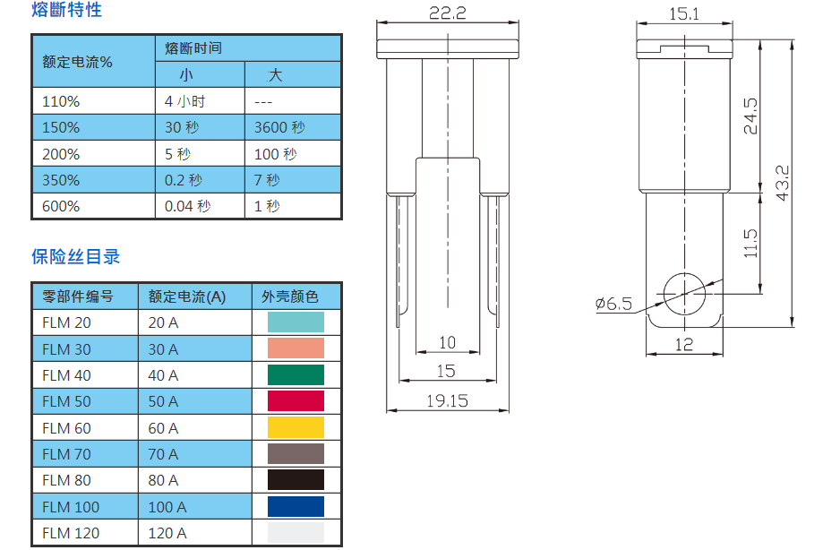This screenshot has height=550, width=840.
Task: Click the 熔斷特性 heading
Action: (x=67, y=12)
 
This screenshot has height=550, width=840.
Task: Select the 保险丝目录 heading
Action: (x=76, y=257)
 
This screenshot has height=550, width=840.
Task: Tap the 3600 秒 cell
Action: (x=279, y=127)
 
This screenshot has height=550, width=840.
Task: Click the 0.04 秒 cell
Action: (x=188, y=206)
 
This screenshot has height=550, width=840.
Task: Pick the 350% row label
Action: (x=61, y=180)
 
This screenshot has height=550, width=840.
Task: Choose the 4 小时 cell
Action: (x=185, y=101)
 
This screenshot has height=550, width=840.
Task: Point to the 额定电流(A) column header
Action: (x=187, y=296)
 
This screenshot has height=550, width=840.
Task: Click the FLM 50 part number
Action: (x=66, y=401)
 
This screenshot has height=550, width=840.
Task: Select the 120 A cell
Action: (x=167, y=533)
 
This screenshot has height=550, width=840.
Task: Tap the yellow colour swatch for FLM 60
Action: (x=296, y=427)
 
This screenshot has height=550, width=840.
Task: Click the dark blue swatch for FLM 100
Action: (x=296, y=506)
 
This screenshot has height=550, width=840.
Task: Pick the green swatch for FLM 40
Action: (x=296, y=374)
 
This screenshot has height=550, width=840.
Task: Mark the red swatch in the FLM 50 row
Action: (x=296, y=401)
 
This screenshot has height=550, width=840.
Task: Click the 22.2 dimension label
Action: (x=447, y=13)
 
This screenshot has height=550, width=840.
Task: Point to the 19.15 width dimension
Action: (x=447, y=400)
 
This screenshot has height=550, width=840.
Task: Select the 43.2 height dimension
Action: (x=782, y=183)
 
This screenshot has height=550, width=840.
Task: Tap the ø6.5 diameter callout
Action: (x=613, y=304)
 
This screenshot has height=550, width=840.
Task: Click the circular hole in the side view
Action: (x=684, y=292)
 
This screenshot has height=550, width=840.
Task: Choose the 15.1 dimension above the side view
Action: (x=684, y=13)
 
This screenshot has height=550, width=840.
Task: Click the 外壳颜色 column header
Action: (x=290, y=296)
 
